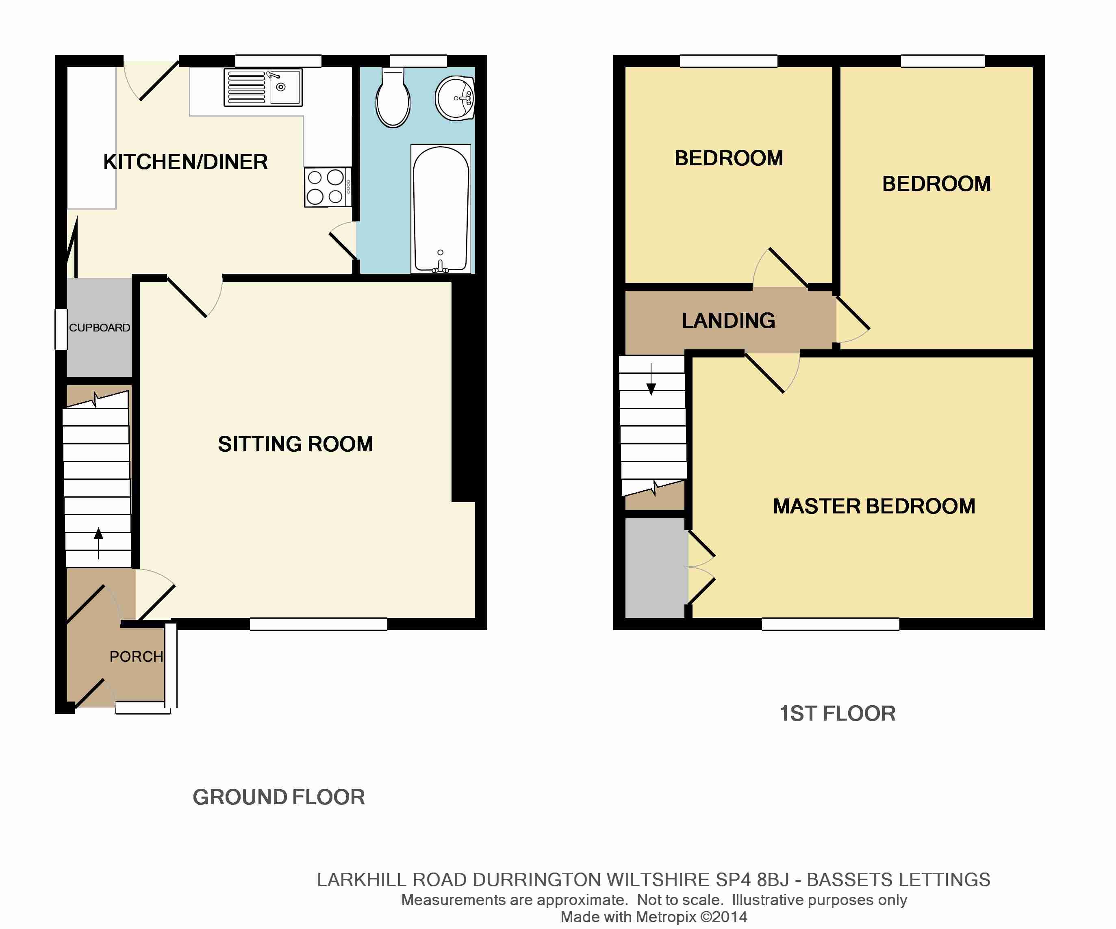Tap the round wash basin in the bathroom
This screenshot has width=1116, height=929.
(455, 98)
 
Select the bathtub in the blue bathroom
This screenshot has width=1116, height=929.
(441, 208)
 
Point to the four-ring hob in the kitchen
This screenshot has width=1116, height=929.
(326, 187)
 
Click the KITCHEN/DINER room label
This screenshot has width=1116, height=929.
(185, 162)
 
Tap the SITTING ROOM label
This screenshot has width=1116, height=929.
(295, 444)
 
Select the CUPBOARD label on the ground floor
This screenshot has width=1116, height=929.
(100, 328)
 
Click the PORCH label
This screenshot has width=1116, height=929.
(136, 656)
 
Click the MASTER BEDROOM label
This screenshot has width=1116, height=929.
(874, 506)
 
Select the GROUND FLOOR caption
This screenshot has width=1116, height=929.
(278, 797)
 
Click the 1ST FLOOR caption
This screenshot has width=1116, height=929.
(837, 713)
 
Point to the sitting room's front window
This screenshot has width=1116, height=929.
(318, 624)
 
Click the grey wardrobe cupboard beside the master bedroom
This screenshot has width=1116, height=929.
(655, 568)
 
